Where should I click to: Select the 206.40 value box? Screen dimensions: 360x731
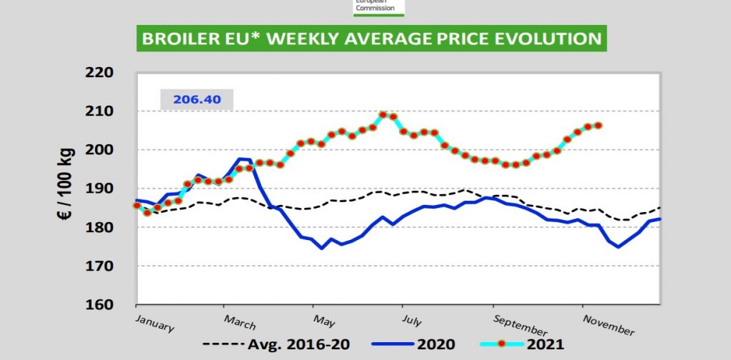(196, 99)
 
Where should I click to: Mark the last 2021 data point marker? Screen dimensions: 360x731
(598, 126)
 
